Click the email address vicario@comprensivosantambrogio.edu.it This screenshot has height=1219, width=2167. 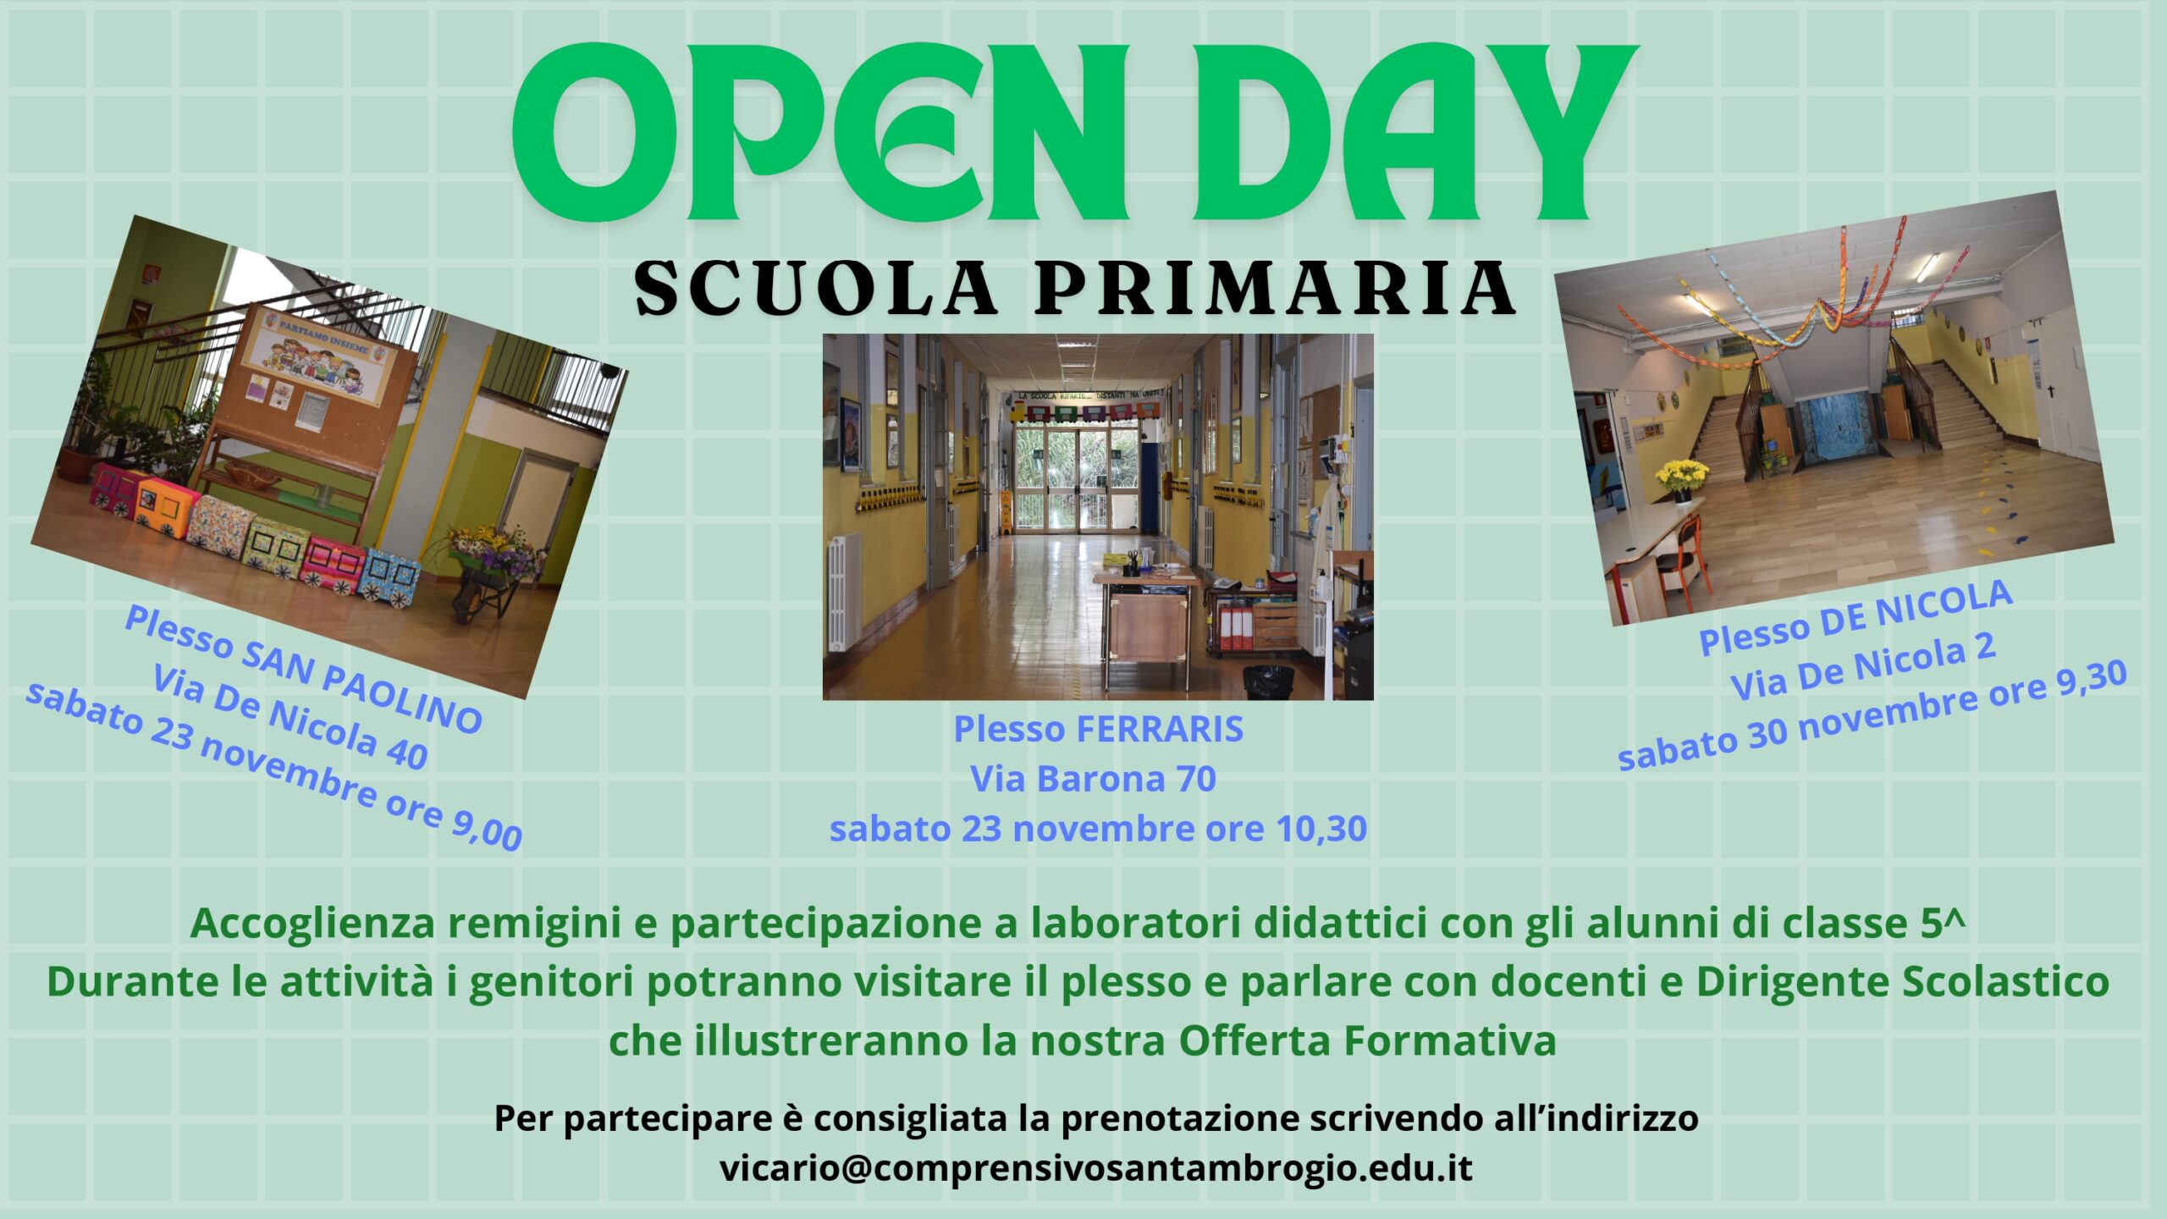(1096, 1167)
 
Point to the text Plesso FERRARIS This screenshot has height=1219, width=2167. (1099, 729)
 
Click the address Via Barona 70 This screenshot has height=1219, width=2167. (1093, 779)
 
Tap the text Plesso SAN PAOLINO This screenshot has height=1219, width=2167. (303, 669)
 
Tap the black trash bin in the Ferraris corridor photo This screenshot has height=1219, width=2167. (1268, 682)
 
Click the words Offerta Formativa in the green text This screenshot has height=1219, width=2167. (1367, 1040)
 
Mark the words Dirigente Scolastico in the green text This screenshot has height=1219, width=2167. (1902, 983)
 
